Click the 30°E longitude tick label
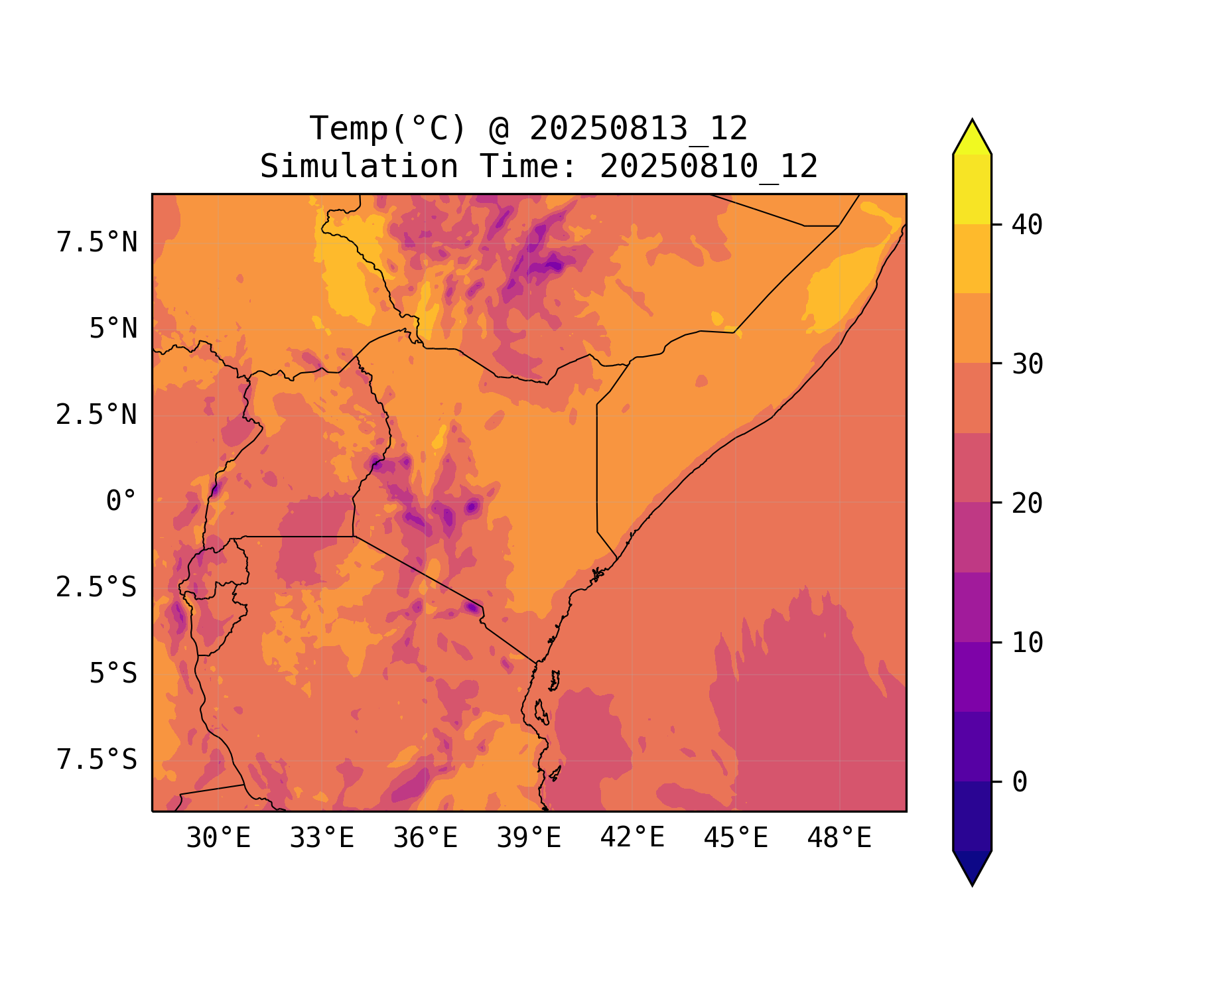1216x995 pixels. coord(218,838)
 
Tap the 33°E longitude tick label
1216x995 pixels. coord(322,838)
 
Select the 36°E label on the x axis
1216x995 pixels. coord(425,838)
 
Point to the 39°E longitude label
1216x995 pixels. coord(529,838)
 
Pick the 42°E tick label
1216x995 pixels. coord(632,838)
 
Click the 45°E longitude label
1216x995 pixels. coord(736,838)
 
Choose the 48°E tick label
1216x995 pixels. coord(839,838)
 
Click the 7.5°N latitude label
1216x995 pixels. coord(97,243)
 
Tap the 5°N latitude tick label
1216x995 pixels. coord(113,329)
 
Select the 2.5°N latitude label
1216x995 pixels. coord(97,415)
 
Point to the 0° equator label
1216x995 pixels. coord(121,501)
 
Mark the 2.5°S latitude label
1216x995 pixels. coord(97,588)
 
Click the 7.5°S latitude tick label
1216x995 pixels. coord(97,760)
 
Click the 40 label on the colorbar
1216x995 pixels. coord(1027,226)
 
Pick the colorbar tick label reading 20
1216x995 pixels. coord(1027,503)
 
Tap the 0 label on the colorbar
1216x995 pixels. coord(1020,783)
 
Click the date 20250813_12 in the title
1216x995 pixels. coord(638,129)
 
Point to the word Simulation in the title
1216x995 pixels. coord(359,166)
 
